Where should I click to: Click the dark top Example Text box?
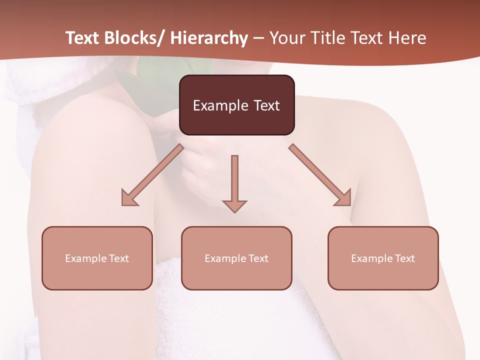tap(236, 105)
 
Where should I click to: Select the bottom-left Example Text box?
tap(97, 258)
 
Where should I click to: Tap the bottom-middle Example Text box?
tap(236, 258)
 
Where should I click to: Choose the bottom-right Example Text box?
tap(383, 258)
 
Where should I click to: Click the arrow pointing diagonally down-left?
tap(153, 175)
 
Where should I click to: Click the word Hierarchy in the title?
tap(208, 38)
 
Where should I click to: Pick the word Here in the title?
tap(407, 38)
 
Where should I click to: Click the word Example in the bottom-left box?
tap(85, 258)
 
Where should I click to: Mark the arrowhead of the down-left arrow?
tap(129, 198)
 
